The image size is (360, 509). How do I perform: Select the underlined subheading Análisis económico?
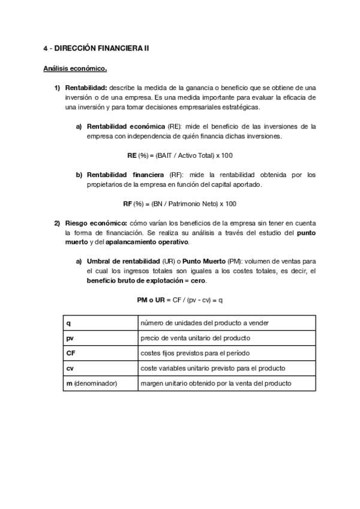tap(75, 68)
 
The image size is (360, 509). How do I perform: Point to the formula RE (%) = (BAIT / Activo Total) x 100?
tap(180, 155)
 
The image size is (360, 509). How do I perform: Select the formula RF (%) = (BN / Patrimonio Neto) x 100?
tap(180, 203)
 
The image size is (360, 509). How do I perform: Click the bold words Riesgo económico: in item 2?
tap(92, 223)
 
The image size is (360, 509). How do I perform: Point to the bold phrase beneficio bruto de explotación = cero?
tap(146, 280)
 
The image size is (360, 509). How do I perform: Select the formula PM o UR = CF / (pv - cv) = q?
tap(180, 300)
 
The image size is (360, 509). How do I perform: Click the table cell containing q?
tap(100, 323)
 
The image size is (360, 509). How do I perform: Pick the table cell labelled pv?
tap(100, 338)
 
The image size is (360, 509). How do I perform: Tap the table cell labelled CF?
tap(100, 353)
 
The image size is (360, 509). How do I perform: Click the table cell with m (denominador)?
tap(100, 383)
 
